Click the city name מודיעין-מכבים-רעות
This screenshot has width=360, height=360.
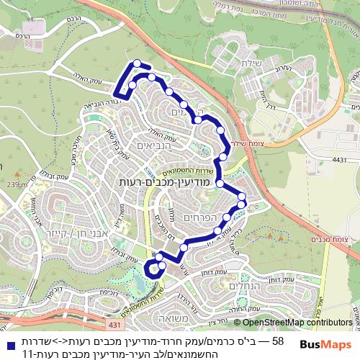[161, 184]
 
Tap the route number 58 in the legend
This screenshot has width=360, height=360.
[278, 340]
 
